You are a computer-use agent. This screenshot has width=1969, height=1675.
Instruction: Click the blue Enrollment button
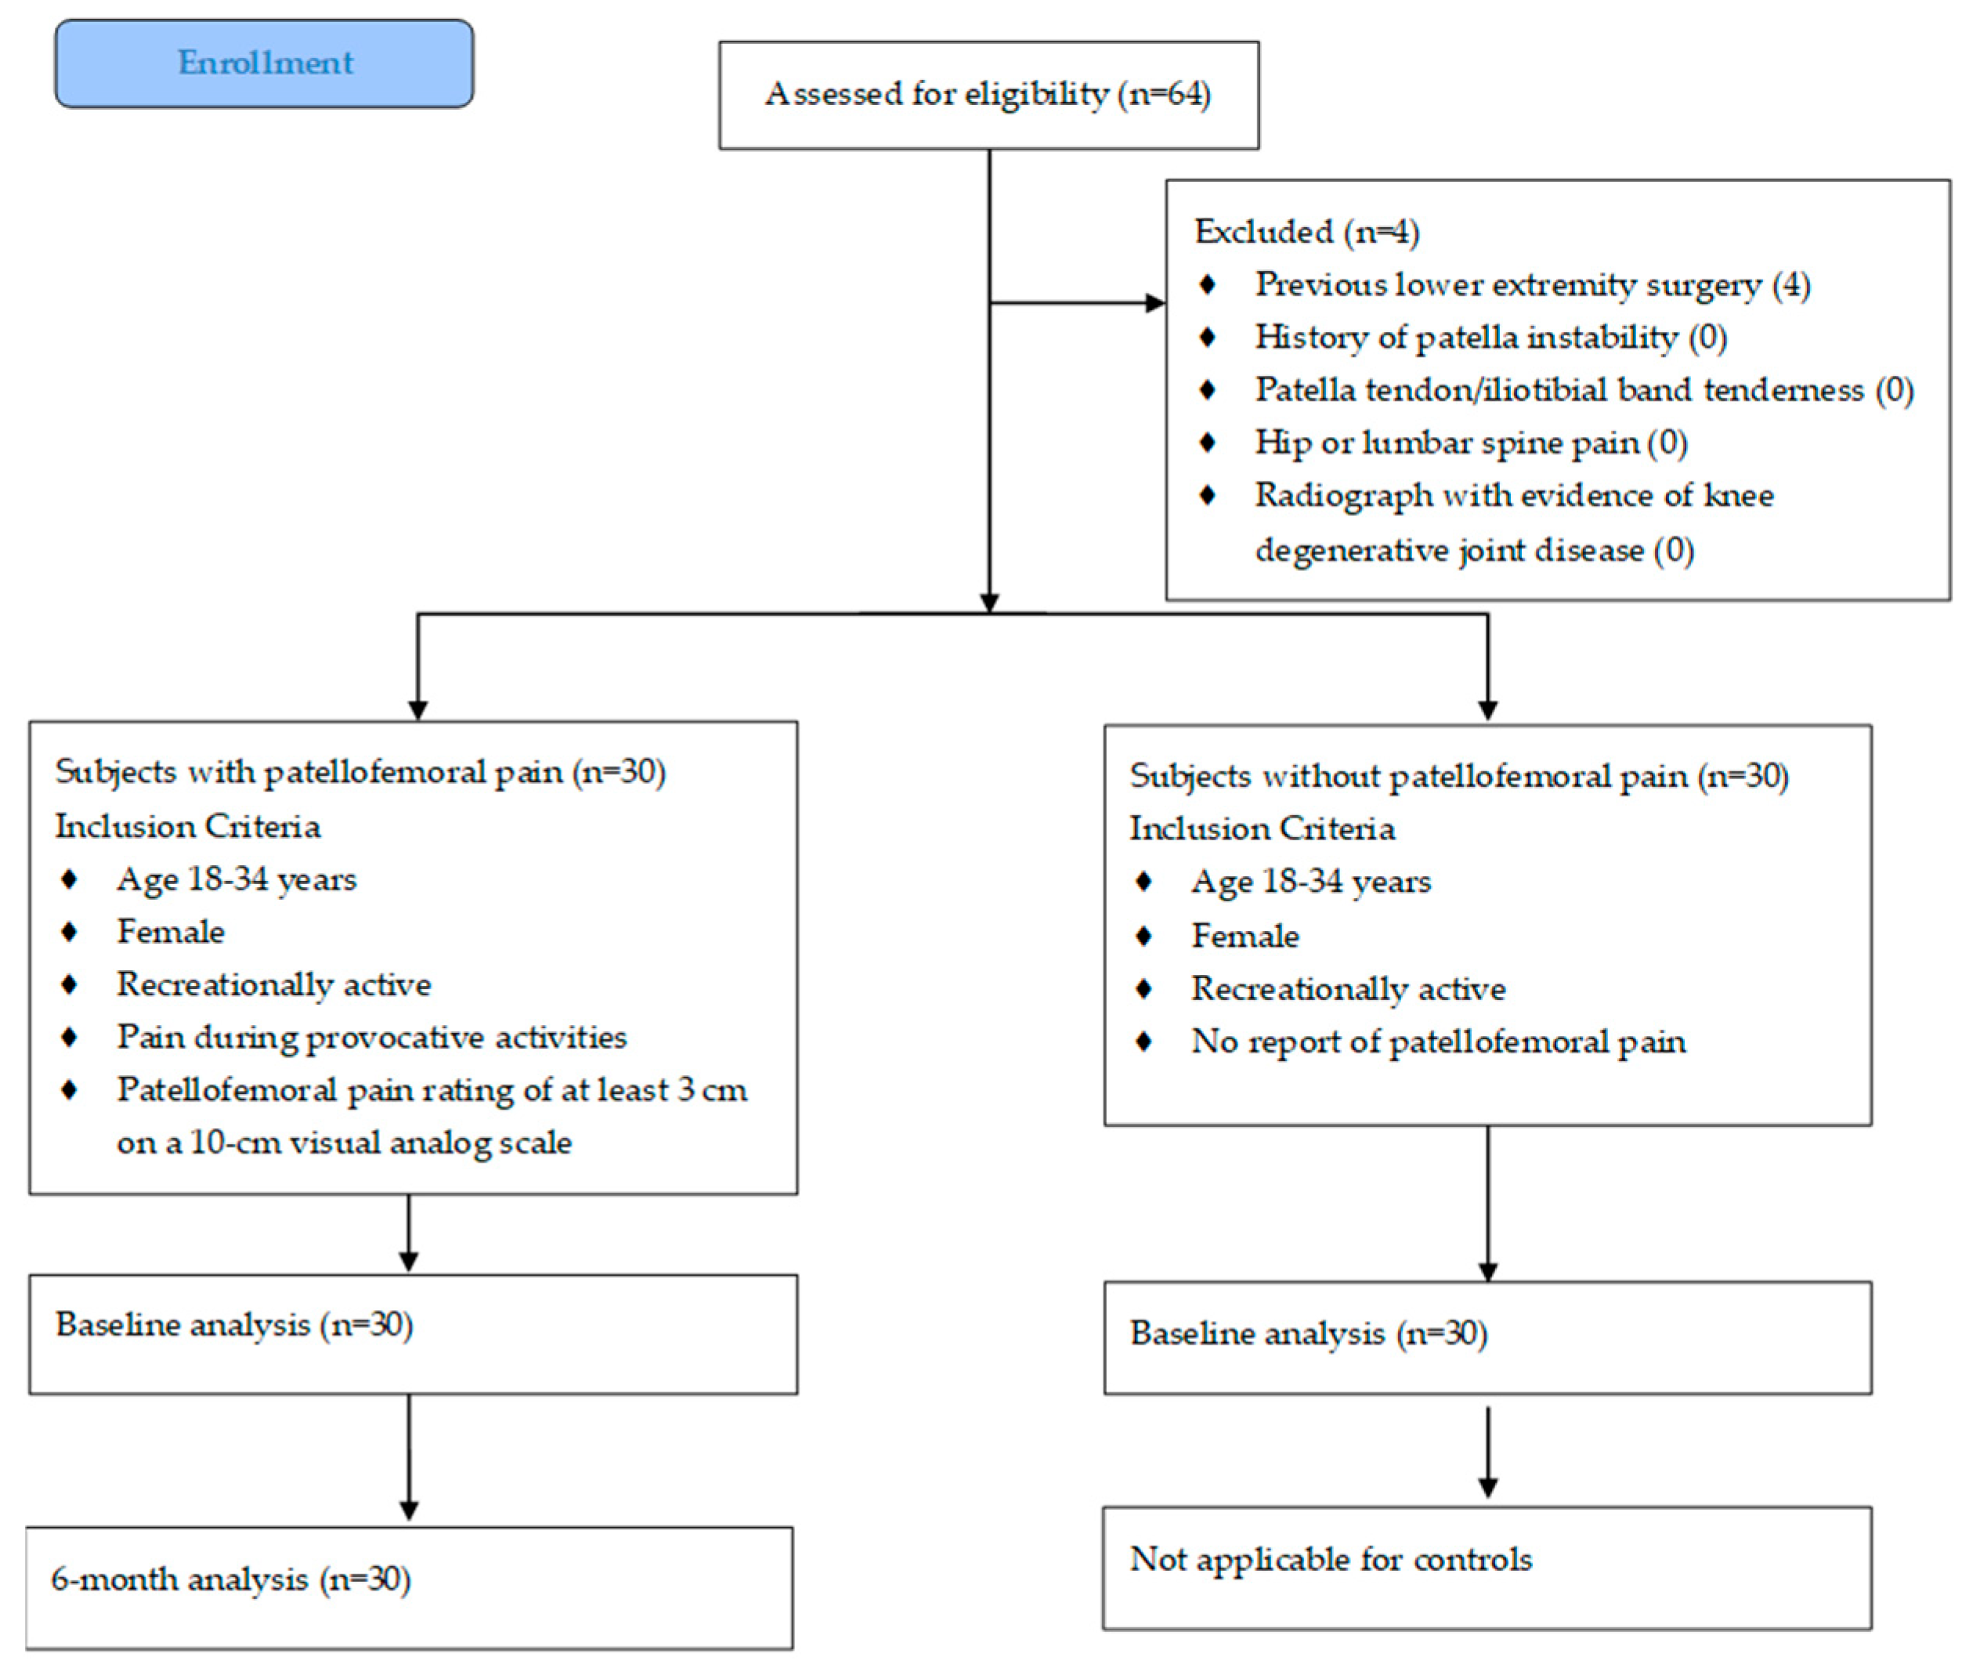tap(264, 63)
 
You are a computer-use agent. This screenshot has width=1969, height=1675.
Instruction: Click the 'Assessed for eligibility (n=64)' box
tap(988, 94)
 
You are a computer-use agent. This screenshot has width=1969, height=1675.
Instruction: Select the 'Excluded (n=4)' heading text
tap(1306, 232)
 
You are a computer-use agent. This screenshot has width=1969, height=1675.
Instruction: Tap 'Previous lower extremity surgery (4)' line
tap(1531, 284)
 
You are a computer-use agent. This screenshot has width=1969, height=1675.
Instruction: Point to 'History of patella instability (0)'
tap(1490, 337)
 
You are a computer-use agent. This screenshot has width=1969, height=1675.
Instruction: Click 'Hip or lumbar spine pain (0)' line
tap(1470, 442)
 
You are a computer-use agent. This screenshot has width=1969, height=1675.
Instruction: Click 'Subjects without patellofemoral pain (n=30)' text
tap(1458, 776)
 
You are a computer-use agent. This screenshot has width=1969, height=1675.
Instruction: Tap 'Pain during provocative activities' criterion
tap(371, 1037)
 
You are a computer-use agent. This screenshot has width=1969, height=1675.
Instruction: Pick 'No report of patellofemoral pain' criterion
tap(1438, 1041)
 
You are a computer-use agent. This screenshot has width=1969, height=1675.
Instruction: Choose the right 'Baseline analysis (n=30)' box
tap(1487, 1337)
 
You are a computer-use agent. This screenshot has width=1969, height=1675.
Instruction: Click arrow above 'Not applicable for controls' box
tap(1487, 1453)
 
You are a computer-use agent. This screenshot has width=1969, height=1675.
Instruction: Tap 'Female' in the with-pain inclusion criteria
tap(171, 932)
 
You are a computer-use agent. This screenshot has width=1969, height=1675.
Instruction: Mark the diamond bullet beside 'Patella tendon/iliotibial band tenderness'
tap(1207, 389)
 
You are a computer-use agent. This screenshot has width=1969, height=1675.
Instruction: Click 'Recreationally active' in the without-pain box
tap(1348, 988)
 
